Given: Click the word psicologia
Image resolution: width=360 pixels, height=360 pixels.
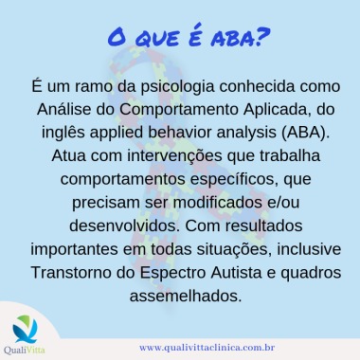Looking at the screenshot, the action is point(178,86).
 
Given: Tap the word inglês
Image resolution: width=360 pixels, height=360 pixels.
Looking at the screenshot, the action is point(63,133).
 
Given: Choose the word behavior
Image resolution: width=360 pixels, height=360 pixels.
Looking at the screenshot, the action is point(180,133).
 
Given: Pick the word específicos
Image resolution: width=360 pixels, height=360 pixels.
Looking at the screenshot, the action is point(235,179).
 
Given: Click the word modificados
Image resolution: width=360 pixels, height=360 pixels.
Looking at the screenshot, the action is point(218,203).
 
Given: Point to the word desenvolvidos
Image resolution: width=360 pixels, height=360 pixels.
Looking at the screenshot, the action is point(124,226).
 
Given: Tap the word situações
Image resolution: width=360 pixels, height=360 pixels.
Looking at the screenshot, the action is point(234,249).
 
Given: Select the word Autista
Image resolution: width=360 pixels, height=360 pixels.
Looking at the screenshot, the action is point(236,273).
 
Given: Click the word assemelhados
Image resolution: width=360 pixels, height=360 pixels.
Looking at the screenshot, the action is point(186,296).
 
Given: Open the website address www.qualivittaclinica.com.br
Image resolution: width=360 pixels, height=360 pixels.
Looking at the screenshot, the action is point(207,348).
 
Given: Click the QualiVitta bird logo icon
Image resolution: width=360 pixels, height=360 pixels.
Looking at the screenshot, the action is point(26,330).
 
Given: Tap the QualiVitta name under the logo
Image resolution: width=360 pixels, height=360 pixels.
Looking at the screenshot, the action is point(25,351).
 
